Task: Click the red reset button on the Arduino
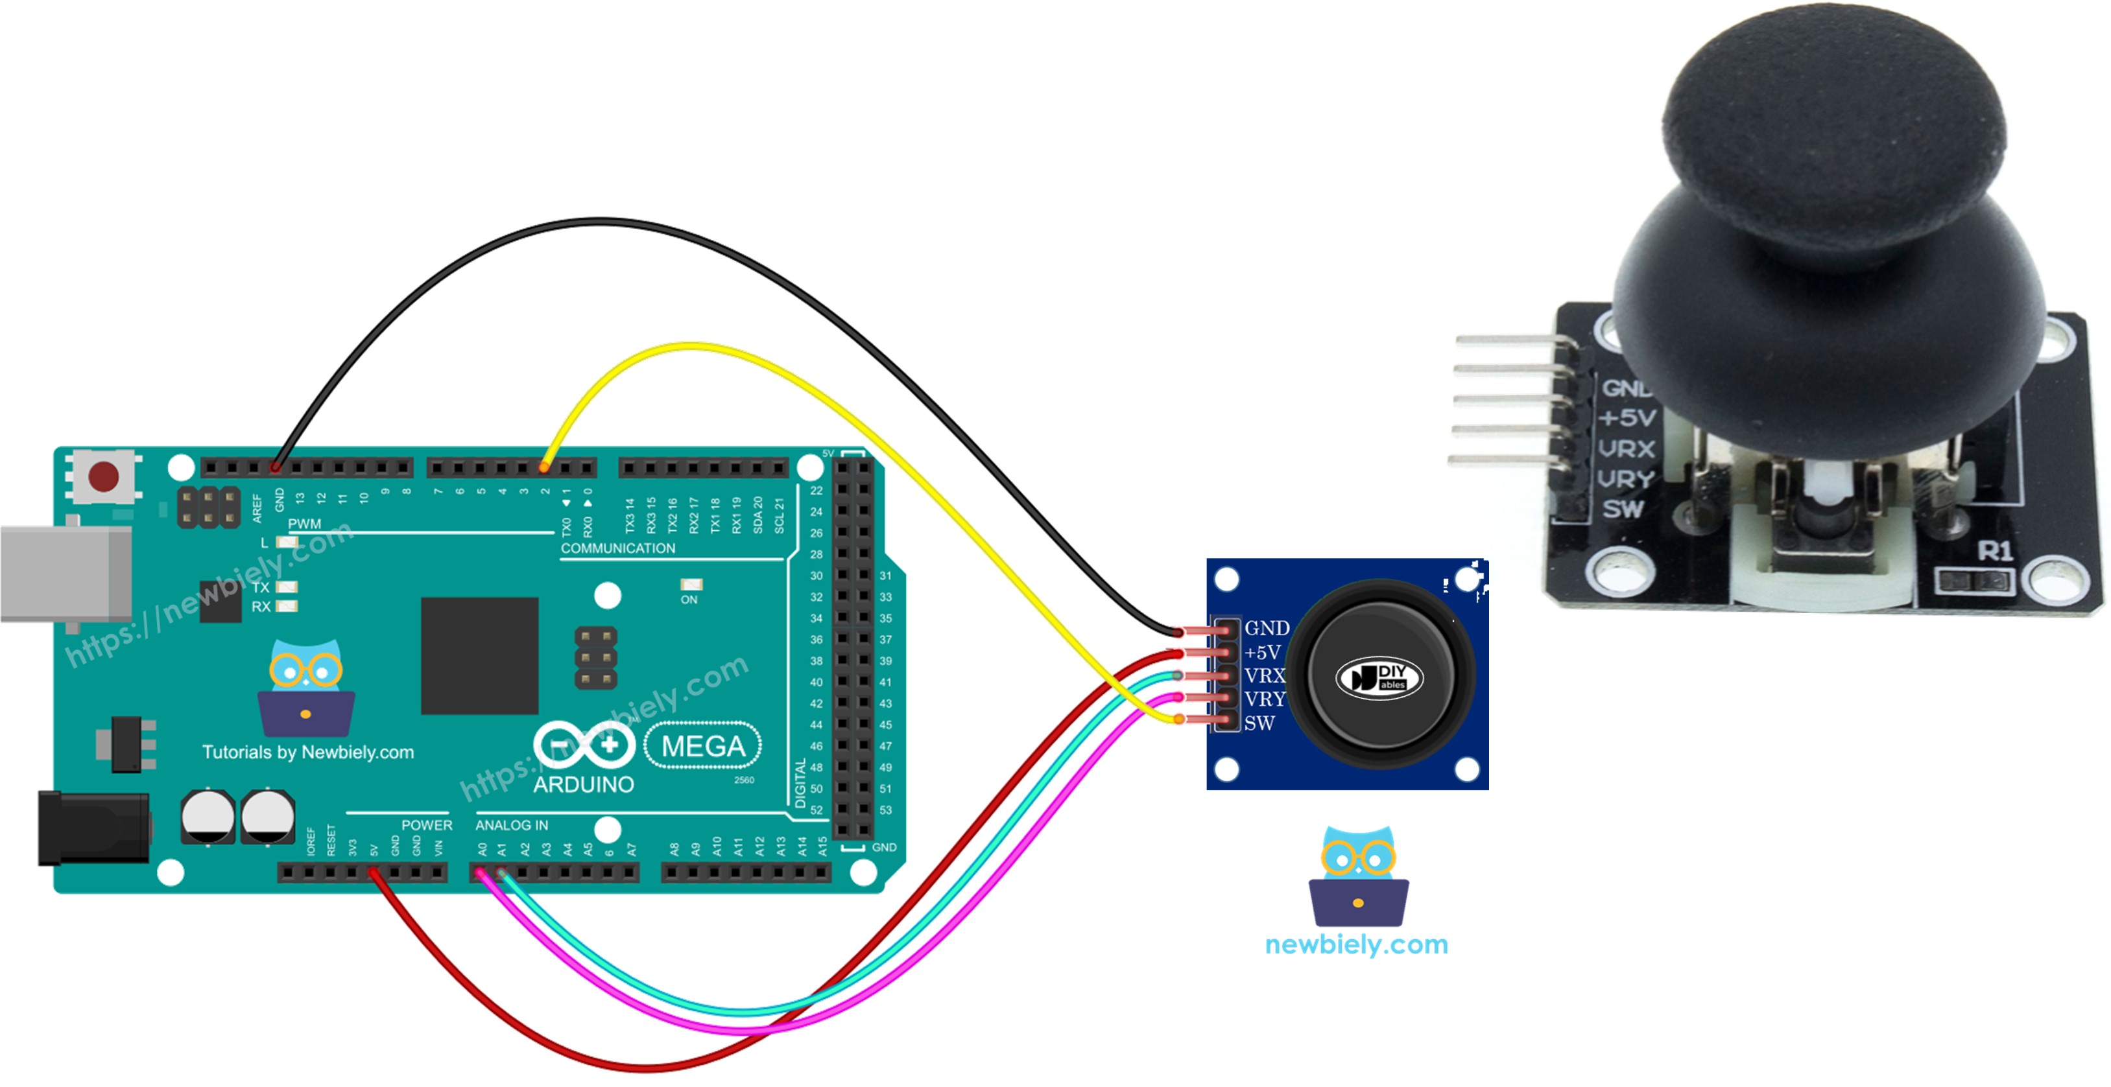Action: click(103, 475)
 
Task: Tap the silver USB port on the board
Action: click(66, 574)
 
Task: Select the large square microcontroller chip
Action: click(479, 655)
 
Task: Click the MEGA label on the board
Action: click(703, 745)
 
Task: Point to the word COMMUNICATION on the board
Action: click(618, 548)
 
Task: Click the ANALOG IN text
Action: click(511, 825)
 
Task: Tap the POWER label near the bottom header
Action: click(426, 825)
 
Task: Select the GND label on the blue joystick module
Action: click(1266, 627)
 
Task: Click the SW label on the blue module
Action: click(1259, 723)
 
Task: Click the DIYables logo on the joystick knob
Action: click(1380, 677)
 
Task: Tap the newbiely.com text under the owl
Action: click(1356, 944)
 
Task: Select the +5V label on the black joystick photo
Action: click(1627, 418)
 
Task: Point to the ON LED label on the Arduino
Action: click(689, 600)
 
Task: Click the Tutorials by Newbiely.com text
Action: click(308, 752)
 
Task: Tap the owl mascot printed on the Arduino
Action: click(305, 688)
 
